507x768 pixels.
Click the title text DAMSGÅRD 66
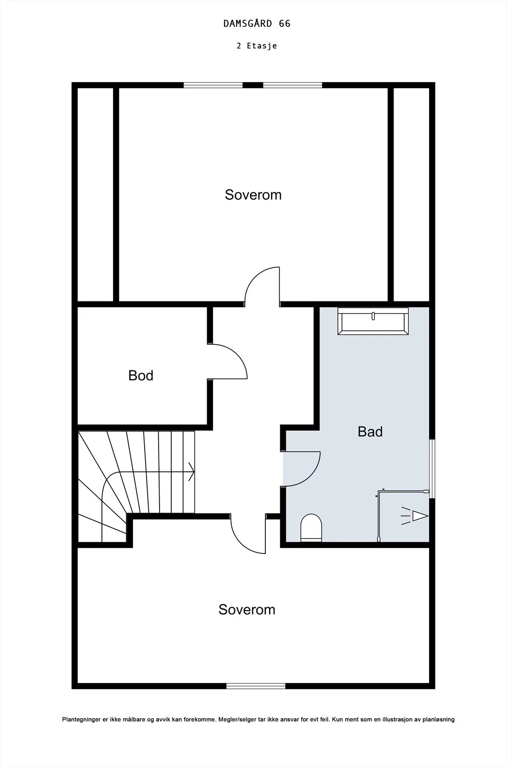click(x=257, y=24)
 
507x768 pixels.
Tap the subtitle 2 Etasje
click(x=257, y=46)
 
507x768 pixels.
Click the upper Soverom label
click(x=253, y=195)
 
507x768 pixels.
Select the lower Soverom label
click(x=247, y=610)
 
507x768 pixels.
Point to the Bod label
click(x=141, y=375)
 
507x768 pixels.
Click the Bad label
click(x=370, y=432)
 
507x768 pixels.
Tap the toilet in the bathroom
click(x=311, y=528)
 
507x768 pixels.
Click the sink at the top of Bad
click(x=373, y=321)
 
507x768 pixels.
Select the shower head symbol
click(x=415, y=516)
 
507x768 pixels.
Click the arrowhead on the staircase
click(x=192, y=472)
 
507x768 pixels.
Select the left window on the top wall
click(x=213, y=85)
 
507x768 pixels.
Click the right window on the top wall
click(x=293, y=85)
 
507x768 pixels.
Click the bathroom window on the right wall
click(x=433, y=468)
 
